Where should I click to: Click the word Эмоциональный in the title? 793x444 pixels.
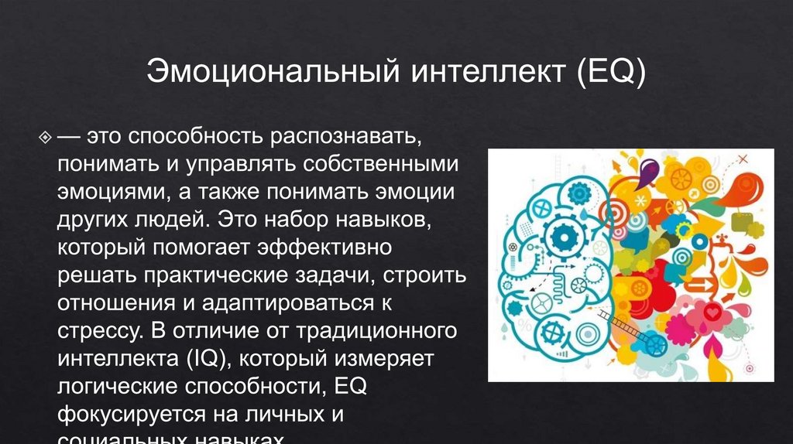point(267,75)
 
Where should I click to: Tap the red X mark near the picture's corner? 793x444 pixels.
point(745,159)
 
